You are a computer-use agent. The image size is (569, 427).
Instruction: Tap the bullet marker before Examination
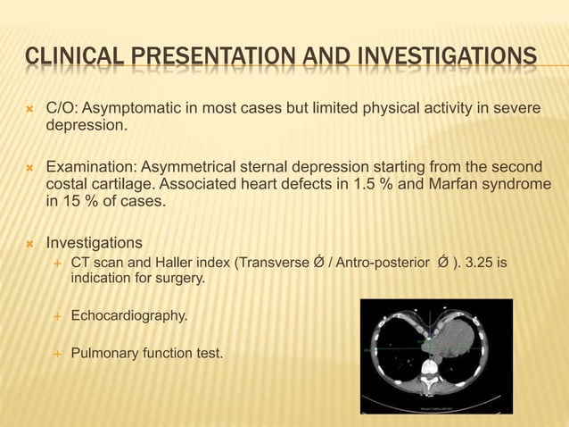coord(29,166)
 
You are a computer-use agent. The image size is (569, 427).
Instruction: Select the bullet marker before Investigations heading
coord(29,242)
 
